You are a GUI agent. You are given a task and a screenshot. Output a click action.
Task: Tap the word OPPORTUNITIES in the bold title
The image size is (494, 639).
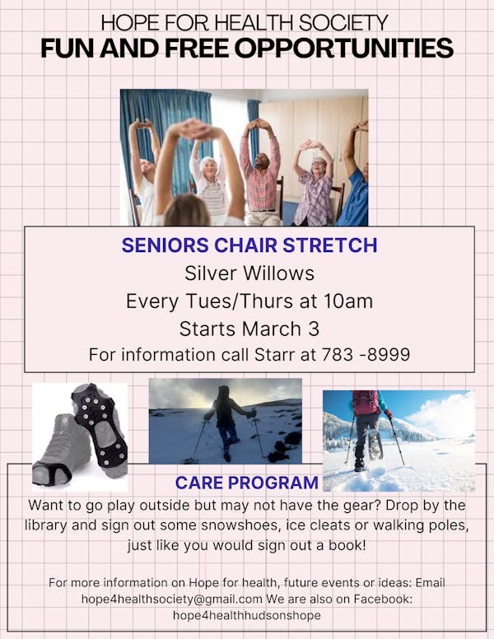343,48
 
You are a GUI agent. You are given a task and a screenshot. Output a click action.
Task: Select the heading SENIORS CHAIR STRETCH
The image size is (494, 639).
249,245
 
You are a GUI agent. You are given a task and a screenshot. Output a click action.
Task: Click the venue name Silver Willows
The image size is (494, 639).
249,273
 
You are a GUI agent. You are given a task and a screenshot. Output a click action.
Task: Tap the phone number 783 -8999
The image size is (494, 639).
366,355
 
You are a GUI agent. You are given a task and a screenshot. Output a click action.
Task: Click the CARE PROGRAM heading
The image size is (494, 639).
247,483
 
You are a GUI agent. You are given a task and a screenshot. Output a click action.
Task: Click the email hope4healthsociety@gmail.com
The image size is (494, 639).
171,599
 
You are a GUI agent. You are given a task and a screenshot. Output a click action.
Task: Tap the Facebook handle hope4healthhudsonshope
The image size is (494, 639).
247,615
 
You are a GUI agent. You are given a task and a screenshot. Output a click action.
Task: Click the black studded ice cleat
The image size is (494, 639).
100,428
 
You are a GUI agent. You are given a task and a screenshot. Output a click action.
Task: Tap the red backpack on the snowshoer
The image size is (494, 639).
366,402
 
